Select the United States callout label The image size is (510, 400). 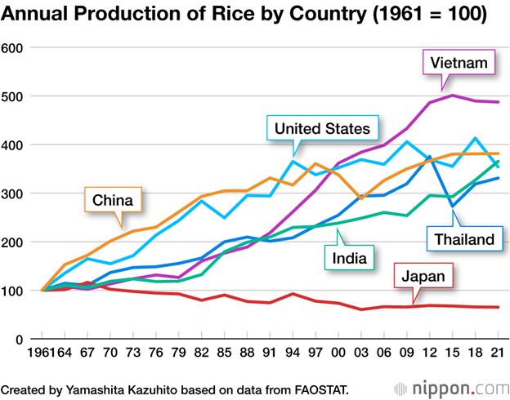pyautogui.click(x=322, y=128)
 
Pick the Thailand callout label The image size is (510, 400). pyautogui.click(x=463, y=239)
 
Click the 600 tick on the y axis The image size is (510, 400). pyautogui.click(x=16, y=47)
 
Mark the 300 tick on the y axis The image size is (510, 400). pyautogui.click(x=16, y=193)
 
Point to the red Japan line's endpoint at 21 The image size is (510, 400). pyautogui.click(x=499, y=307)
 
